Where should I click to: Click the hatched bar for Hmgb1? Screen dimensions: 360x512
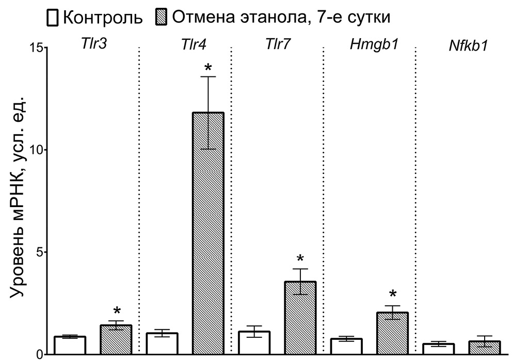[392, 333]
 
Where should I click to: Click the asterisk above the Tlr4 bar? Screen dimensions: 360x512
[208, 68]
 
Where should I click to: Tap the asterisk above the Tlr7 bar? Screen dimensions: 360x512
[300, 259]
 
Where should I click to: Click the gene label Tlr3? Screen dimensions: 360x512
[93, 44]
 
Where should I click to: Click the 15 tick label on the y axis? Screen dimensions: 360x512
[33, 48]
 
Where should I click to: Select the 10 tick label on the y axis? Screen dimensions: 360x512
[33, 150]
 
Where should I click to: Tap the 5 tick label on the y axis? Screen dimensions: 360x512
[37, 252]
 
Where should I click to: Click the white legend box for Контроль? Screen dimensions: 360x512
[52, 18]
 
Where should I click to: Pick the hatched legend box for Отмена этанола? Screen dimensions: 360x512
[161, 18]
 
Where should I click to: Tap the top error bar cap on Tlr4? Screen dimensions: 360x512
[208, 77]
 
